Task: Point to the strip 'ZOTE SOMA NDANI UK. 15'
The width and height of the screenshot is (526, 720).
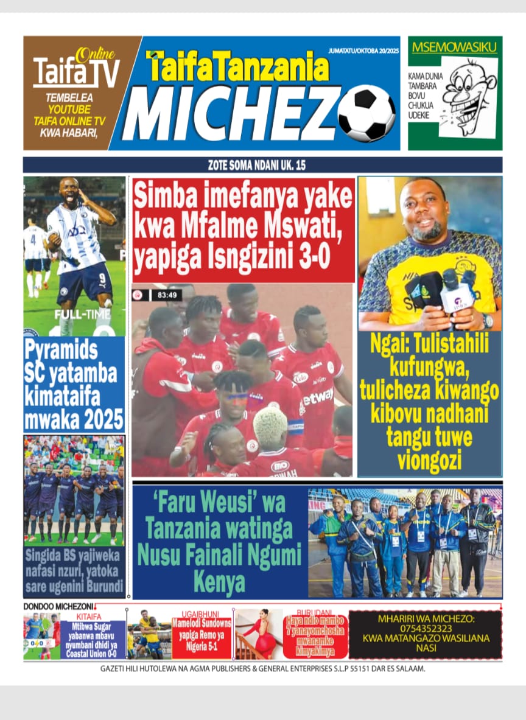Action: point(262,165)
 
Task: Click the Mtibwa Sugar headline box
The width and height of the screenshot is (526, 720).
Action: point(96,639)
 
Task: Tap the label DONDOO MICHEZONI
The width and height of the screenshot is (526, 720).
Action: point(58,607)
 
